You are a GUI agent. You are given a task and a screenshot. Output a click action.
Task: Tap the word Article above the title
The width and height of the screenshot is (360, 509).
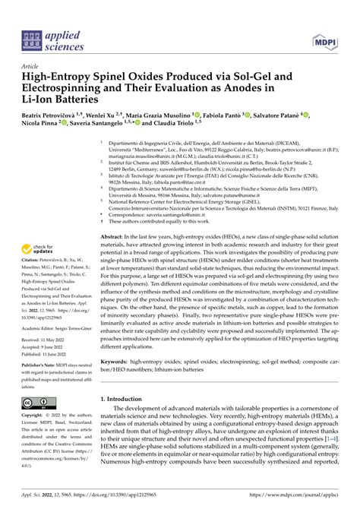[33, 66]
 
